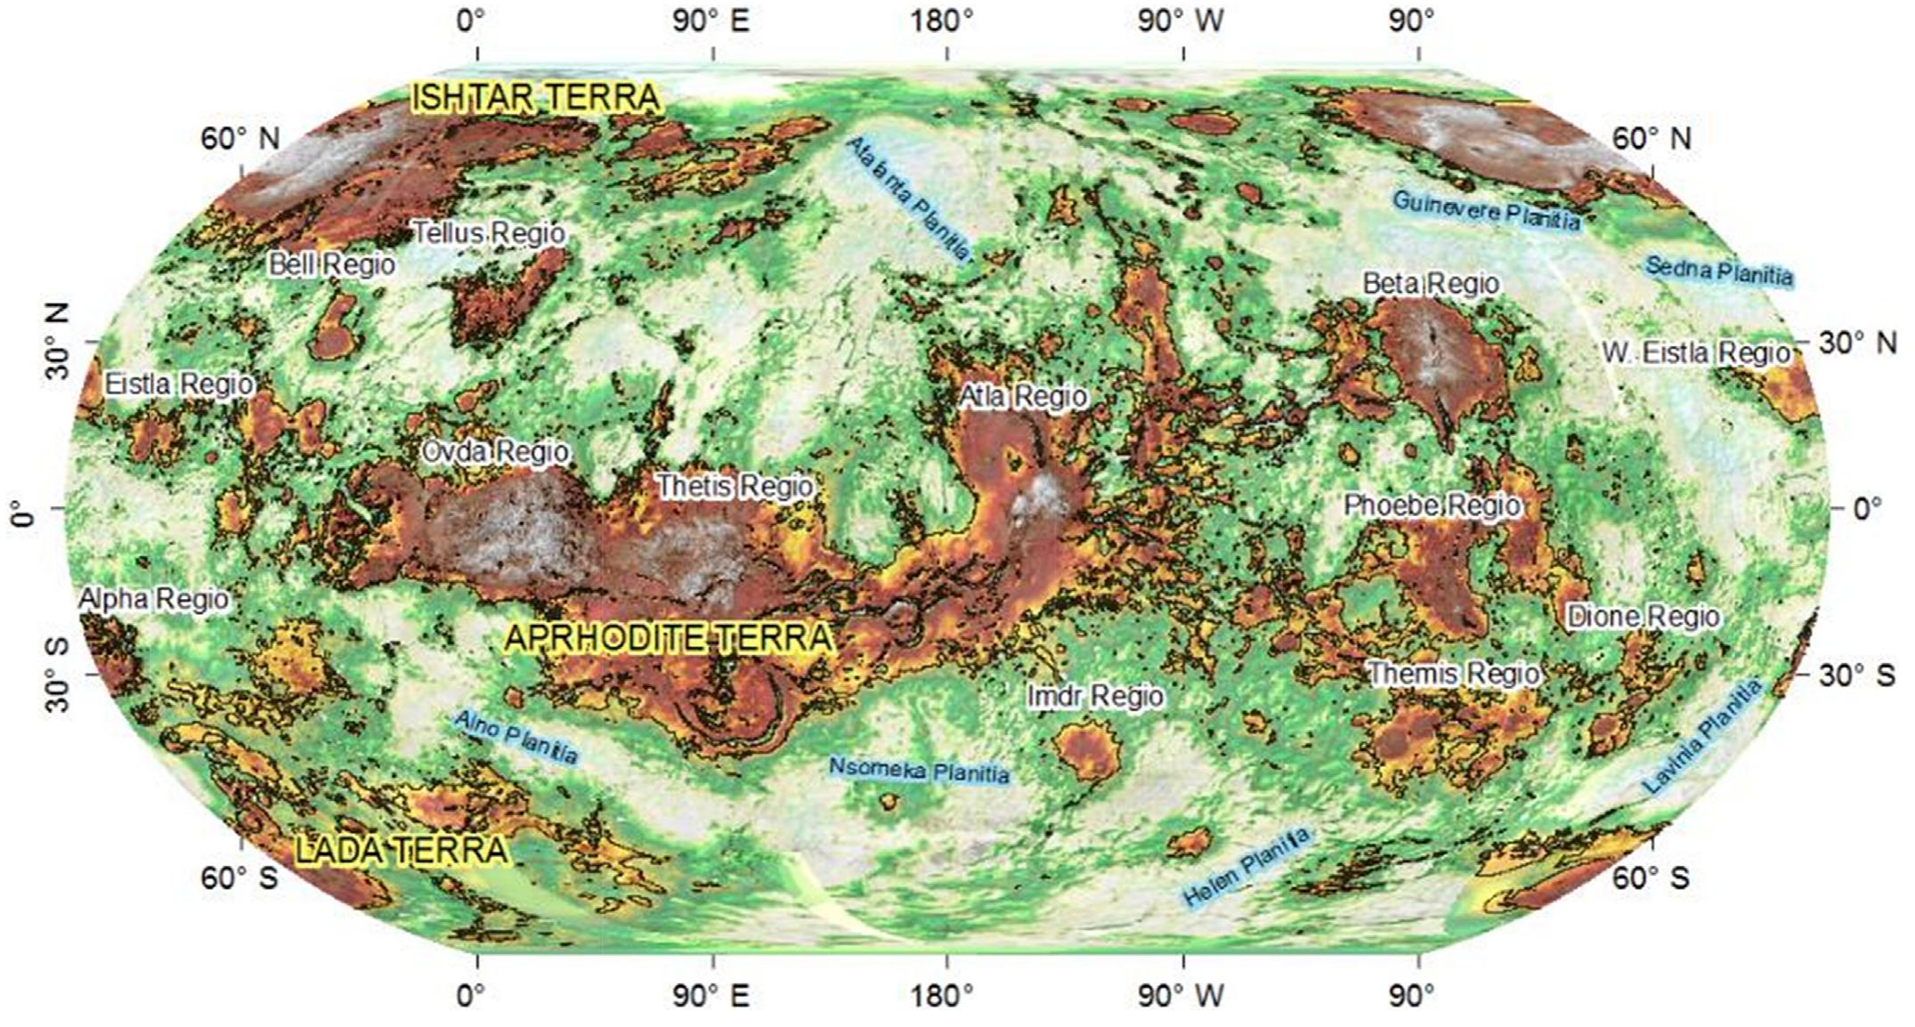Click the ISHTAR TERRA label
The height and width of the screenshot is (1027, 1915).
536,98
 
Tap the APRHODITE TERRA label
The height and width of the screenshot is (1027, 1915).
669,637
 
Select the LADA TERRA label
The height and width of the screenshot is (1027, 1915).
402,850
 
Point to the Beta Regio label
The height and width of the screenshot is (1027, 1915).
1431,284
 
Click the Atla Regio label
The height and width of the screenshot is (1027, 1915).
1023,396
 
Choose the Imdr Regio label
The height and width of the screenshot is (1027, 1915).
1094,695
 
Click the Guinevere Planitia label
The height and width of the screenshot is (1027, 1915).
1486,210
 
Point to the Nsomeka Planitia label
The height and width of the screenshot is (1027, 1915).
919,771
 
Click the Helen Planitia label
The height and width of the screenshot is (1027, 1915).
1248,867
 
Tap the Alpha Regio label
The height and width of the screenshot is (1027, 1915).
154,599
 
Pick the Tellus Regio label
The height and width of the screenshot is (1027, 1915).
489,234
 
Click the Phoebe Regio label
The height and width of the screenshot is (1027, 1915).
1432,505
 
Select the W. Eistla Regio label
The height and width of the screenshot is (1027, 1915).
1696,352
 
